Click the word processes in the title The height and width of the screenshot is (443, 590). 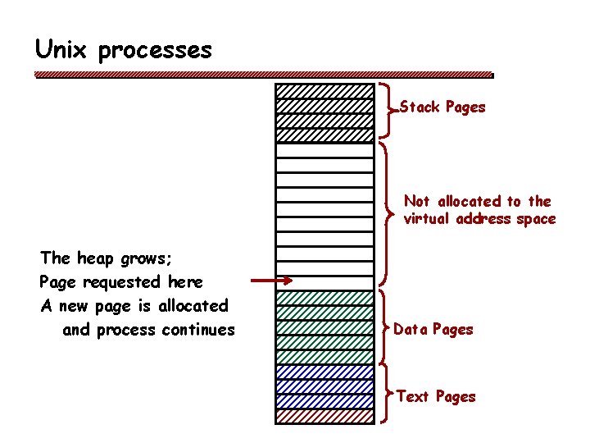click(x=155, y=52)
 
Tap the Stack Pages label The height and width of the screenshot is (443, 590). click(x=442, y=107)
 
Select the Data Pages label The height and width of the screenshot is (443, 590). click(x=433, y=330)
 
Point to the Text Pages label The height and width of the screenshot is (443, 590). click(x=436, y=397)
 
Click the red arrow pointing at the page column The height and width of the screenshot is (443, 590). click(x=271, y=281)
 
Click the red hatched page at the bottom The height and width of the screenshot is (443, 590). click(x=324, y=416)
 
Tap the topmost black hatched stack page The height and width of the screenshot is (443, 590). click(x=324, y=91)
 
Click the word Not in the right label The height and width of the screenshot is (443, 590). click(x=416, y=201)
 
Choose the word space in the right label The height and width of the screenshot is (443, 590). click(x=536, y=220)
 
